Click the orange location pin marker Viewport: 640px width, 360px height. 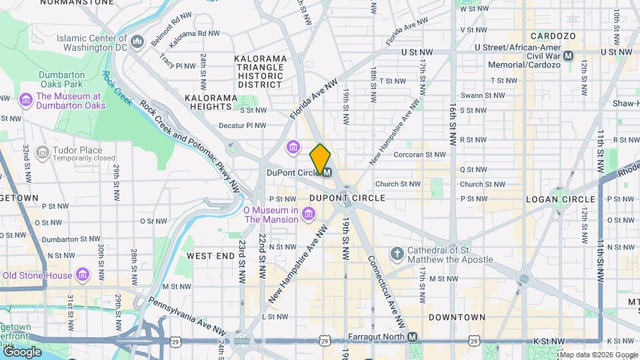(321, 159)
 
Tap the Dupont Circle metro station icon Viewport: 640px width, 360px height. (327, 172)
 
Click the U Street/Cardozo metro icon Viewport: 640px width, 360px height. (568, 56)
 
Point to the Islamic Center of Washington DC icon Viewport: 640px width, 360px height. (138, 43)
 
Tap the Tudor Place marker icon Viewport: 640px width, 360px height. (41, 153)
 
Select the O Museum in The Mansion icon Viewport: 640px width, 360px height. (308, 213)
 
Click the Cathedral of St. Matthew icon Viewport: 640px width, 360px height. (397, 254)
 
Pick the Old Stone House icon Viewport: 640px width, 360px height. (83, 275)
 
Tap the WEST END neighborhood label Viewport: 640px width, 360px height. (210, 256)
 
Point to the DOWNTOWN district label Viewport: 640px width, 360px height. (457, 317)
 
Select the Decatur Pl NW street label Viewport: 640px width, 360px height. (243, 125)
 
